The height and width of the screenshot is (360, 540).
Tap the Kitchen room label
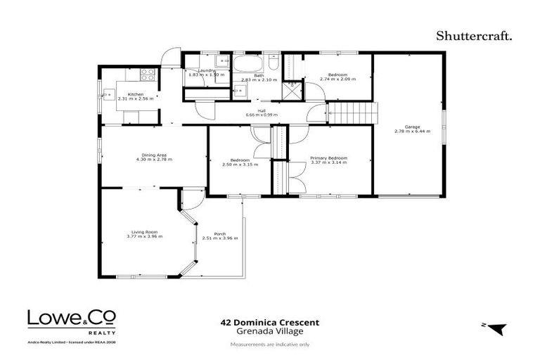[x=135, y=94]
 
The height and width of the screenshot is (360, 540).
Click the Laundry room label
[x=206, y=70]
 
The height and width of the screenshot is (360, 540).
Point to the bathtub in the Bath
[x=245, y=66]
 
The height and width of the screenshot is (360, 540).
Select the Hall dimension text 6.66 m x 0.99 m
[x=261, y=115]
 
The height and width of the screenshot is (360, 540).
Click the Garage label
[x=412, y=127]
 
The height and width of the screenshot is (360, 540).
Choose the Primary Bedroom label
[x=328, y=158]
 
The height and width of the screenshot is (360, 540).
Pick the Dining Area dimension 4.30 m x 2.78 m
[x=153, y=160]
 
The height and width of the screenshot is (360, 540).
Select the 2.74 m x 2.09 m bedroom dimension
[x=337, y=79]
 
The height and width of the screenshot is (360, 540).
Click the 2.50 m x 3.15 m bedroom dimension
[x=240, y=165]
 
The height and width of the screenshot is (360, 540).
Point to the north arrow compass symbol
[x=496, y=328]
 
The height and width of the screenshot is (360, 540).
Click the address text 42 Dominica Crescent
[x=270, y=323]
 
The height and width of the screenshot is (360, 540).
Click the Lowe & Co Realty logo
[x=72, y=321]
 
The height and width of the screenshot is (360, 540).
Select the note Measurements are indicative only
[x=270, y=345]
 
